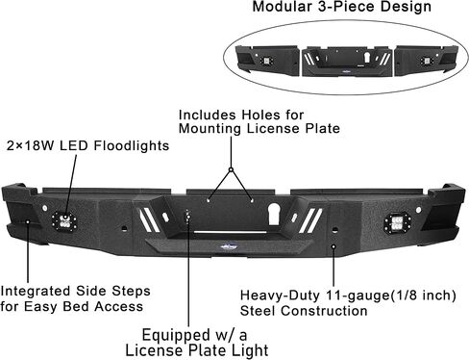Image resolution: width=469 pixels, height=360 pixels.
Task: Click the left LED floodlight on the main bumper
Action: (x=64, y=220)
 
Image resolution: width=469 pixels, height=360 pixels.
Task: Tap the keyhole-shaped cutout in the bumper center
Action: (x=274, y=214)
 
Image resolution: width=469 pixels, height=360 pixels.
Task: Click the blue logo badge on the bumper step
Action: (x=228, y=246)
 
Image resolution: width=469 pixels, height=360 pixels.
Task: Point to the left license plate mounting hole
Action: (x=209, y=200)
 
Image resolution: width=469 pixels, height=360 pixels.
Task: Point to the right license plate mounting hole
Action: (x=252, y=200)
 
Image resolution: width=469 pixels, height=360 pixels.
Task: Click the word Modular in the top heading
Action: (x=283, y=7)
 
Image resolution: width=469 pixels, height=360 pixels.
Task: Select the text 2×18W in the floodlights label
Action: (x=31, y=146)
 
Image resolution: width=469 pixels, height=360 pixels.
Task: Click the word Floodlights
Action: (x=132, y=146)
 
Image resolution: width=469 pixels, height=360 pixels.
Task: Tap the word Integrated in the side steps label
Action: (x=36, y=292)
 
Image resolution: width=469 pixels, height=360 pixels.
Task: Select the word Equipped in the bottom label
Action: (x=176, y=336)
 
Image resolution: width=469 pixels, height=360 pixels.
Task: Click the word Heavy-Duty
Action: (x=280, y=296)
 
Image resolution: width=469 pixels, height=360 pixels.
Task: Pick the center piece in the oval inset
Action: (x=347, y=62)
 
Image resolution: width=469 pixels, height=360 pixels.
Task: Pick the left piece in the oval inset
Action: (x=268, y=61)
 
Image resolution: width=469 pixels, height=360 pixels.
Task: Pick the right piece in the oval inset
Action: (x=426, y=61)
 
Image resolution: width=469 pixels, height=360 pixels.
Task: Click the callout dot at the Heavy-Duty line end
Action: (x=333, y=246)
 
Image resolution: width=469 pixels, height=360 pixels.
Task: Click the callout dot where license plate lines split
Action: (x=231, y=169)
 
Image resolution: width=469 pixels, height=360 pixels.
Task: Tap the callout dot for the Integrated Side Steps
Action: (x=28, y=221)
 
